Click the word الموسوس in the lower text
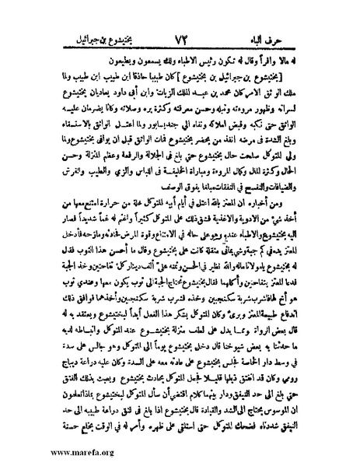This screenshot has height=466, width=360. coord(285,405)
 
